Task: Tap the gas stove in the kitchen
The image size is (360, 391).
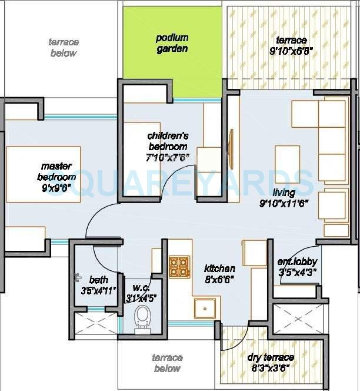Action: [x=179, y=267]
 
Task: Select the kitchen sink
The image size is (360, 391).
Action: [x=205, y=307]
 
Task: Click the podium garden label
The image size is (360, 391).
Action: [x=172, y=43]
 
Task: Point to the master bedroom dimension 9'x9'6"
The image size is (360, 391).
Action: [x=56, y=188]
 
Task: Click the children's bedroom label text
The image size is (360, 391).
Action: [x=167, y=141]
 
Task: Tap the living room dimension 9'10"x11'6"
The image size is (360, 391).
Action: [x=284, y=203]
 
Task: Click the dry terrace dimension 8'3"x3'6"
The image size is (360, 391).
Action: [x=271, y=368]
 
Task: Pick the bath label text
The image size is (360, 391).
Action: [x=98, y=280]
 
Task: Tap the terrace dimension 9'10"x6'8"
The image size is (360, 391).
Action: [x=292, y=51]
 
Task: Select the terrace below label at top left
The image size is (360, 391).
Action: [x=63, y=48]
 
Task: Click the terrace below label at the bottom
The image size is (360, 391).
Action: [x=167, y=363]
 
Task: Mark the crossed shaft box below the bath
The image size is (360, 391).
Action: [x=97, y=323]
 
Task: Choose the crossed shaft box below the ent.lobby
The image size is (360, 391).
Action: [x=299, y=319]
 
